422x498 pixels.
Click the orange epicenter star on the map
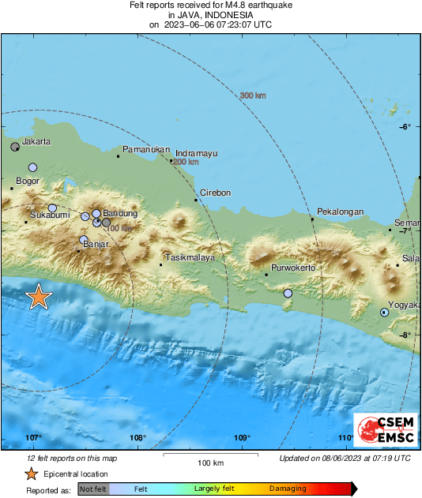click(38, 297)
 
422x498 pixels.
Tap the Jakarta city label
click(36, 142)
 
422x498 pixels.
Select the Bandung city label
click(121, 214)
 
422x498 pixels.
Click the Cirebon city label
click(215, 193)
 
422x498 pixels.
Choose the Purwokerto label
click(293, 268)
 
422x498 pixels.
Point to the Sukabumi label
click(50, 215)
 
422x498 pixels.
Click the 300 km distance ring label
click(252, 95)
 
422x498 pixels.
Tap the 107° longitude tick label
click(34, 438)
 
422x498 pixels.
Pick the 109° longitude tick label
click(243, 438)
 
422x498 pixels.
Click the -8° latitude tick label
click(404, 335)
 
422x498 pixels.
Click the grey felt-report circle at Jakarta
click(15, 147)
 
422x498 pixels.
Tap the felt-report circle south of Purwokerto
click(288, 294)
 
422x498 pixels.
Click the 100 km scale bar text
click(208, 462)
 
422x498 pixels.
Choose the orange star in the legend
click(31, 474)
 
